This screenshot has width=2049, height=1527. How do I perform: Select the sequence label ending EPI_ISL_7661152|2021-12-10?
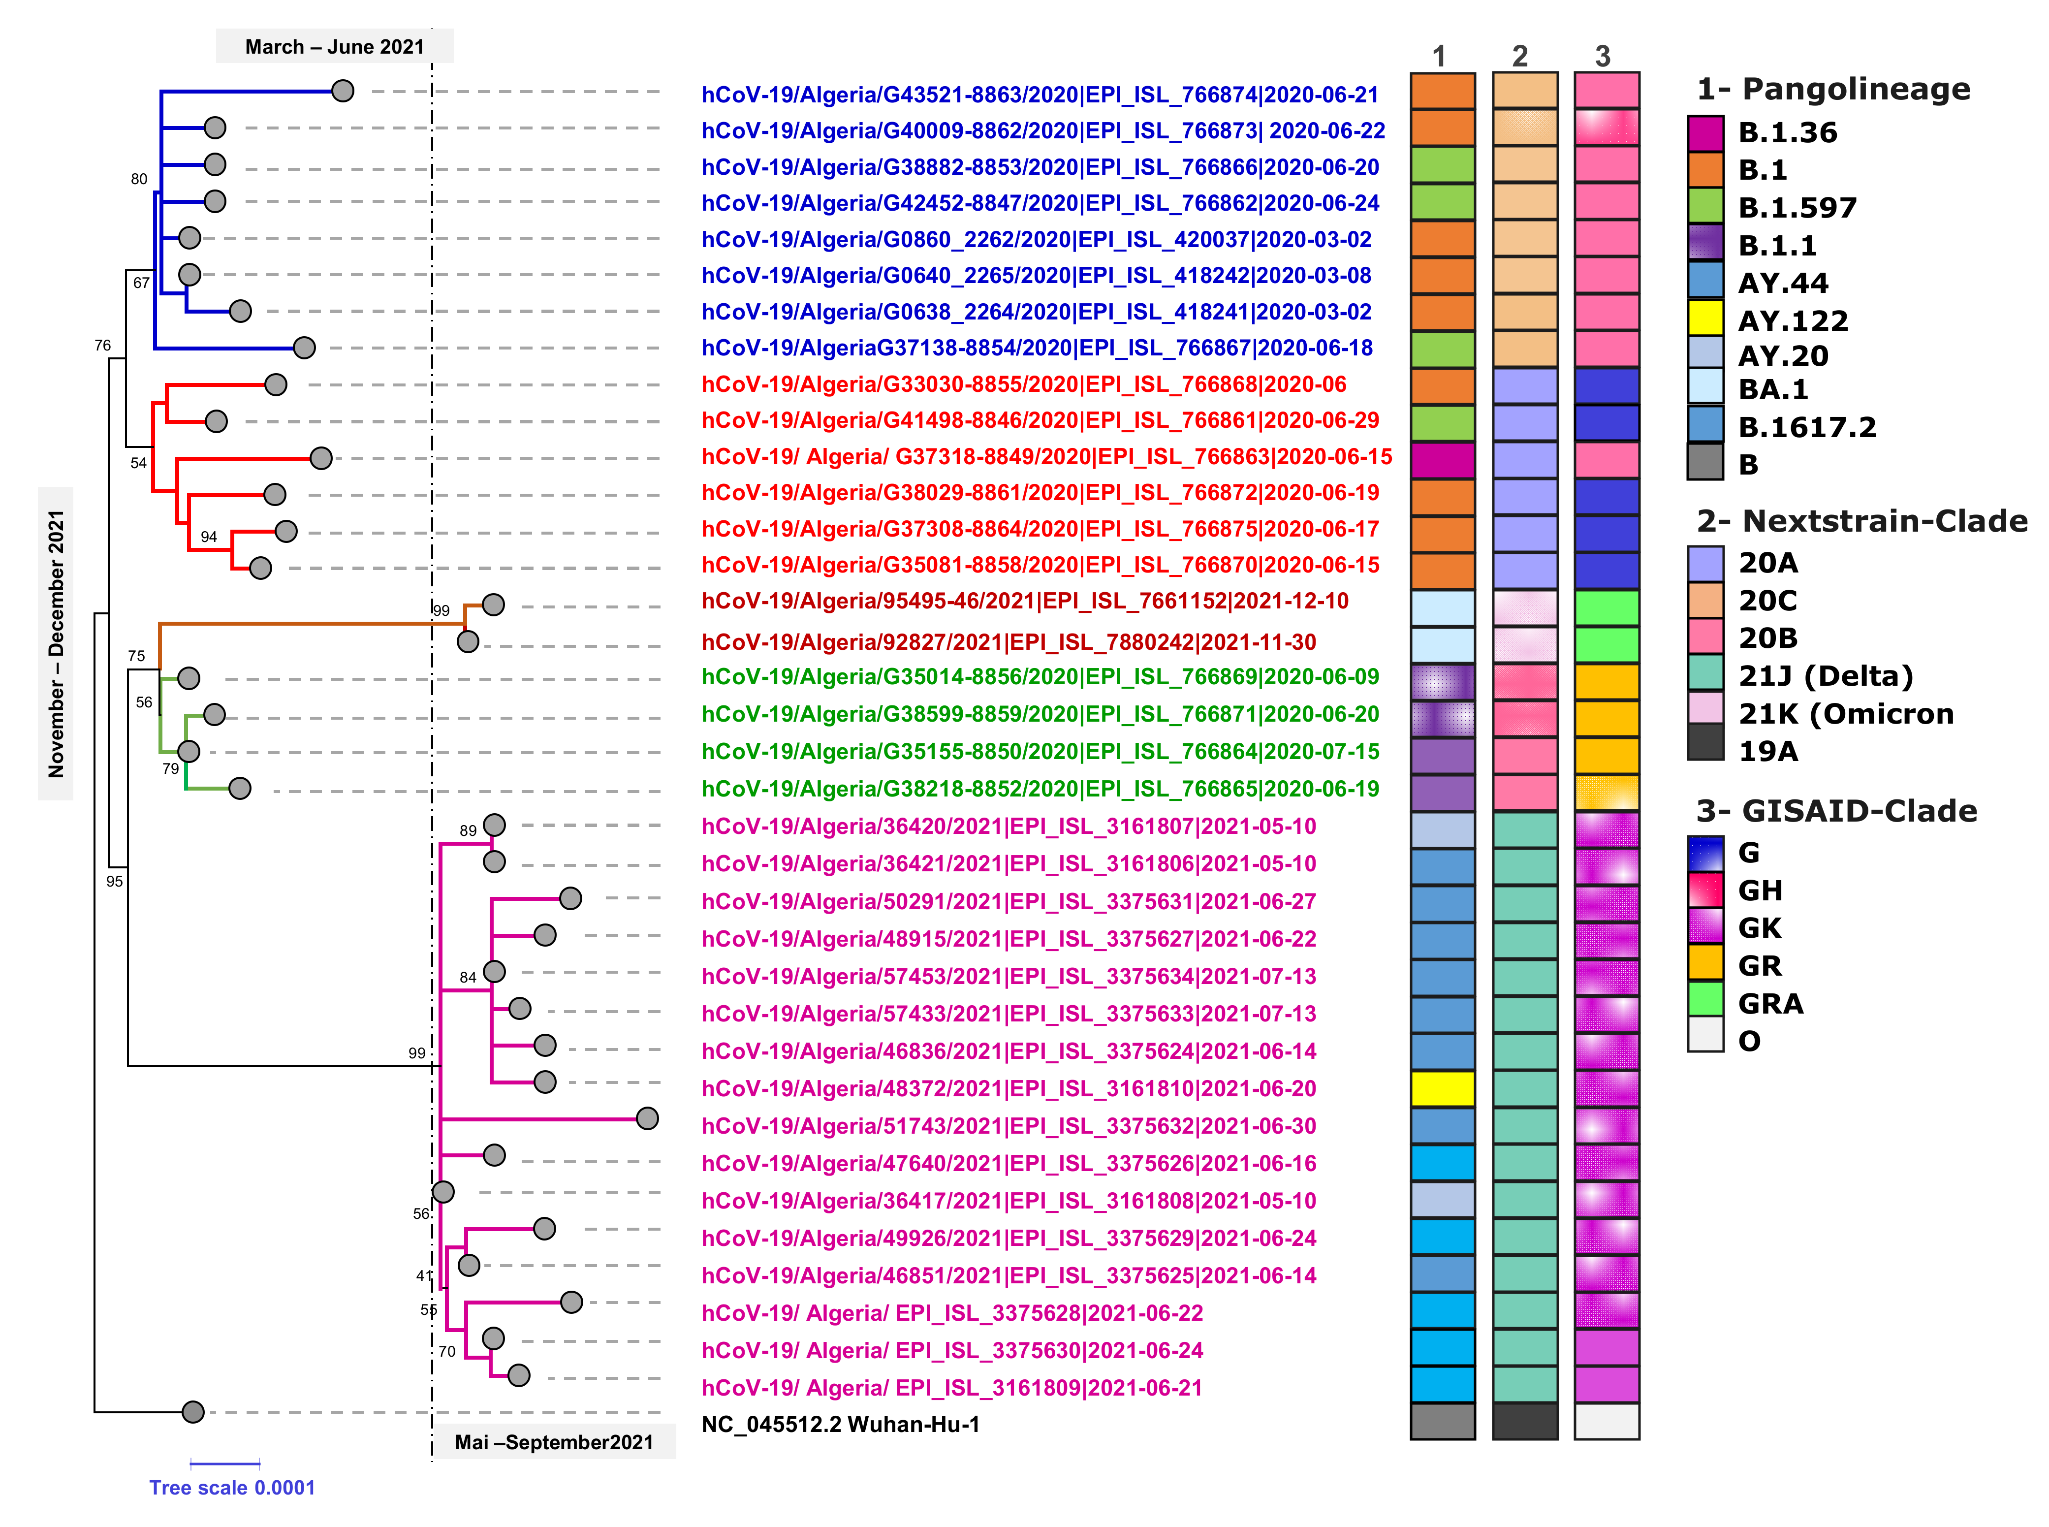(x=1024, y=601)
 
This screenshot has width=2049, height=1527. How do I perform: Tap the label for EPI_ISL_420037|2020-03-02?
(x=1035, y=239)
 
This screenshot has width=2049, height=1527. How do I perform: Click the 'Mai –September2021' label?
(x=554, y=1442)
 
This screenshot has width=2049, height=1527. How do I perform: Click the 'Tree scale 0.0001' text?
(x=232, y=1487)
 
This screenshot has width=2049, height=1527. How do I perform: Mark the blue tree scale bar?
(x=224, y=1463)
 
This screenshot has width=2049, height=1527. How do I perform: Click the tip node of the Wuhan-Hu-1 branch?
(x=192, y=1411)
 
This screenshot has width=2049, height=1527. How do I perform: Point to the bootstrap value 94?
(x=209, y=537)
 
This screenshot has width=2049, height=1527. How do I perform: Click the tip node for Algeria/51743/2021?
(x=647, y=1118)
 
